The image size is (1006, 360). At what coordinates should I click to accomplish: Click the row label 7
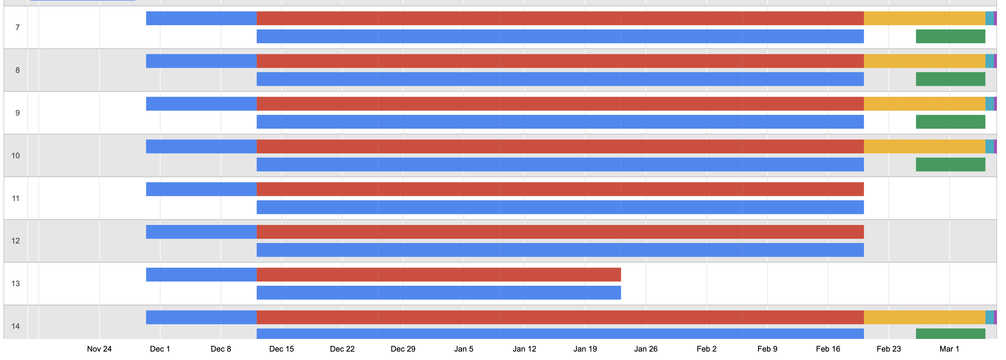pos(17,27)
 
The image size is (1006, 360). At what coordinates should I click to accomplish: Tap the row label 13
pos(16,284)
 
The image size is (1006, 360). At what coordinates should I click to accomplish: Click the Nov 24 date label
pos(99,349)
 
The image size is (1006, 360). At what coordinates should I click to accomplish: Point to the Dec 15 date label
pos(281,349)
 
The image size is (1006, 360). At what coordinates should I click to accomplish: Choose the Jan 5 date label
pos(464,349)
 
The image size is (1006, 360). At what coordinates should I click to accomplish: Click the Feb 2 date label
pos(706,349)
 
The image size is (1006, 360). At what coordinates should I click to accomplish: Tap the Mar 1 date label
pos(949,349)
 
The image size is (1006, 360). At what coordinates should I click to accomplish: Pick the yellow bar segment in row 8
pos(924,61)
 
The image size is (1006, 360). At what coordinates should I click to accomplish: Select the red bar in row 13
pos(439,275)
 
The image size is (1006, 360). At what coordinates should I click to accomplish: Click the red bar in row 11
pos(560,189)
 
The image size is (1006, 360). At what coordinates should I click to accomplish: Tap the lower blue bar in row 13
pos(439,293)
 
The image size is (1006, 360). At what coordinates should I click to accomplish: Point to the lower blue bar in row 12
pos(560,250)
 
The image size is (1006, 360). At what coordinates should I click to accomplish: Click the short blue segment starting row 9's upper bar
pos(201,104)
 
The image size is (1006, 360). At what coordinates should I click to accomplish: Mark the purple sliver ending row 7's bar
pos(995,18)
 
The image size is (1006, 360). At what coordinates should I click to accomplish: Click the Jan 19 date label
pos(585,349)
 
